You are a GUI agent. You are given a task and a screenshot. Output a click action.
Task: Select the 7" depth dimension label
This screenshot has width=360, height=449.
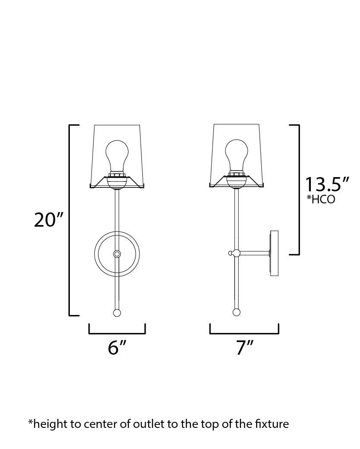(244, 347)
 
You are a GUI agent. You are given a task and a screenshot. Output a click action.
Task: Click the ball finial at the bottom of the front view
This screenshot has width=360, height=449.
(116, 312)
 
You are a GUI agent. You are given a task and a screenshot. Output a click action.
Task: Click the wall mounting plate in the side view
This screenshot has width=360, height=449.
(274, 253)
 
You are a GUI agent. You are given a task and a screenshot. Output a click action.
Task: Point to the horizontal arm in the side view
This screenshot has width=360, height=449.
(254, 253)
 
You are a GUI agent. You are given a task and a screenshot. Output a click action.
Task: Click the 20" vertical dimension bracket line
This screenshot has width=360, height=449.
(70, 220)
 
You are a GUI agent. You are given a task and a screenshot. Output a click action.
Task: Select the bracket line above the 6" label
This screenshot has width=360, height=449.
(117, 333)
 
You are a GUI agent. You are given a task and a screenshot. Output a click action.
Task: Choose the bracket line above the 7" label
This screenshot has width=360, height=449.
(244, 333)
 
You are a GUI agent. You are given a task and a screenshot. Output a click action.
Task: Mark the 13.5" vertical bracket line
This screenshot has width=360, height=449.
(299, 190)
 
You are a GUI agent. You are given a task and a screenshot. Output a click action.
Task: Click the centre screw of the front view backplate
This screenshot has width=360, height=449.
(116, 254)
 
